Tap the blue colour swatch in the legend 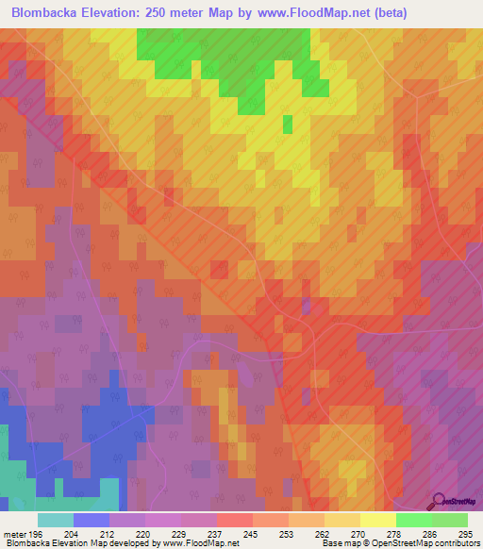91,520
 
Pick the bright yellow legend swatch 377,520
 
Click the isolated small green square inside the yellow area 287,125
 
